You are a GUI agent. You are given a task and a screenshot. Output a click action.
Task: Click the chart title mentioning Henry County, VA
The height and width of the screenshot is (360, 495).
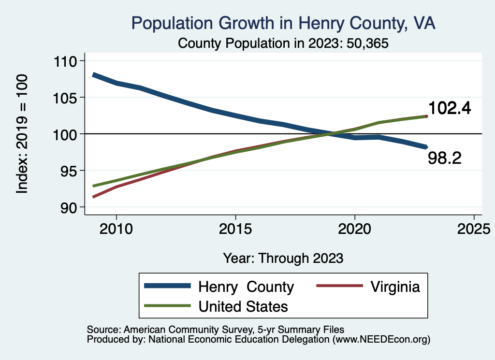click(283, 23)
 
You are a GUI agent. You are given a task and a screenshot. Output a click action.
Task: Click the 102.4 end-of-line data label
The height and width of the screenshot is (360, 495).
click(450, 108)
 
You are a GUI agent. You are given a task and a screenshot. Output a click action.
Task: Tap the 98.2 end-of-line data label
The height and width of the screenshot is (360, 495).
click(445, 158)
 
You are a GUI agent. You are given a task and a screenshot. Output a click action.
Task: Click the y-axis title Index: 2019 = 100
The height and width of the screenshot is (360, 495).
click(22, 134)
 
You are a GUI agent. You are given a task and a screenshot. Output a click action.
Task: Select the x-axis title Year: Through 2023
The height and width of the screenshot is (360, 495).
click(283, 258)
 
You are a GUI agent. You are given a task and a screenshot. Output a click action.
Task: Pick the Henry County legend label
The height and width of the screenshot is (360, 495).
click(246, 287)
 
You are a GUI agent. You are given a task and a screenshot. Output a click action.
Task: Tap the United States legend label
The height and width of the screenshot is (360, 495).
click(243, 306)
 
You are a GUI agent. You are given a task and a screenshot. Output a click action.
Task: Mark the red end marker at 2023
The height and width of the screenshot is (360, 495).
click(426, 116)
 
